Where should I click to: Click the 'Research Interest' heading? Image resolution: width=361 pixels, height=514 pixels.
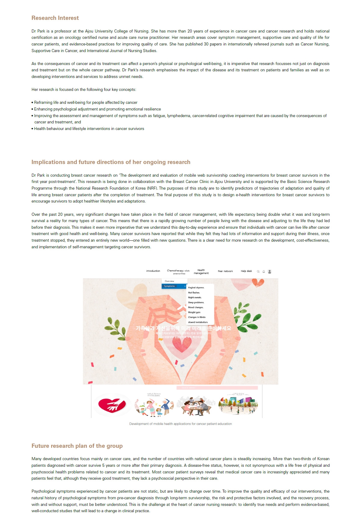[55, 18]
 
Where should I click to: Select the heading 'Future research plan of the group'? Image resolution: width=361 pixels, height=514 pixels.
[77, 446]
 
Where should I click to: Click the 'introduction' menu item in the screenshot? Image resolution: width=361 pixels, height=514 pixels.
[153, 271]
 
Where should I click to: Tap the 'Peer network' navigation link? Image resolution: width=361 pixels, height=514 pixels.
[225, 271]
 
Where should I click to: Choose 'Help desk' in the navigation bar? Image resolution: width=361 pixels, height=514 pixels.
[246, 271]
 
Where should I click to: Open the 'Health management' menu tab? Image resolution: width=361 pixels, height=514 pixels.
[201, 272]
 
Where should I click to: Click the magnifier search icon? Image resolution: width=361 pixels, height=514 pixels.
[258, 271]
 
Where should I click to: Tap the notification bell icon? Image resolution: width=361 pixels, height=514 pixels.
[264, 271]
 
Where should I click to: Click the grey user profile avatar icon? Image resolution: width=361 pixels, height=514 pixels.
[270, 271]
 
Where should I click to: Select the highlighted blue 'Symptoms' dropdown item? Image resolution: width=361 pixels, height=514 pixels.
[174, 286]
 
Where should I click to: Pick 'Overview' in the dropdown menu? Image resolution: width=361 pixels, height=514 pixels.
[169, 281]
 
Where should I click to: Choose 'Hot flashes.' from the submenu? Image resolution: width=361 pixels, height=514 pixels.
[194, 293]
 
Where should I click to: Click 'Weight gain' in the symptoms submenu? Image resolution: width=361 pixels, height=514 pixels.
[194, 312]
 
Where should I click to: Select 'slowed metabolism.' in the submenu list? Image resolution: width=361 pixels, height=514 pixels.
[198, 322]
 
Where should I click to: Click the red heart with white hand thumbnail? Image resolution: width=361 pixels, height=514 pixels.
[112, 405]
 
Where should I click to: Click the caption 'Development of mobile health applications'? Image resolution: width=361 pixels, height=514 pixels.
[180, 424]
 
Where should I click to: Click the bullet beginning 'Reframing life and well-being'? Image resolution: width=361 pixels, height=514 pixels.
[86, 103]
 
